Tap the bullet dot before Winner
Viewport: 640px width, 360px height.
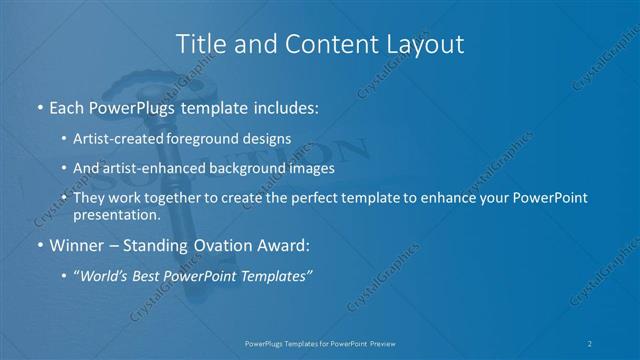(39, 245)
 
